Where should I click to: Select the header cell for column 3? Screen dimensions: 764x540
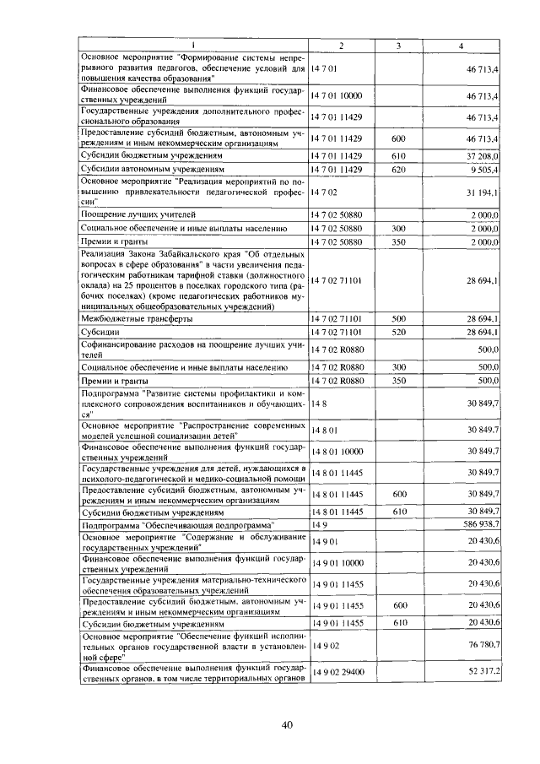pos(397,45)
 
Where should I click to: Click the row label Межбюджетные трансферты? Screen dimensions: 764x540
pos(136,319)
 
